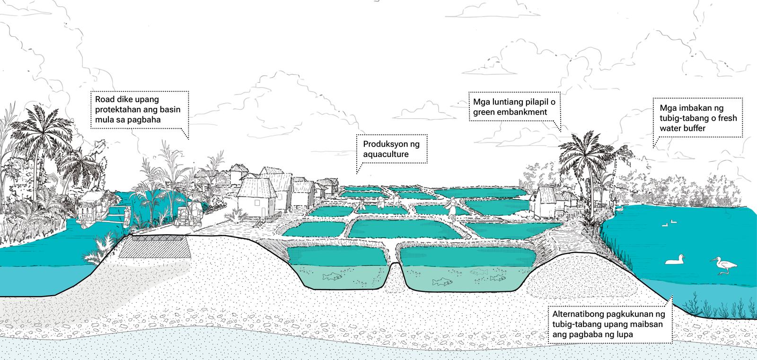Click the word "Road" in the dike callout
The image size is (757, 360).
pyautogui.click(x=104, y=99)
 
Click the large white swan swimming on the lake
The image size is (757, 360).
pyautogui.click(x=675, y=260)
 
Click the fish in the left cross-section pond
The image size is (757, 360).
pyautogui.click(x=332, y=277)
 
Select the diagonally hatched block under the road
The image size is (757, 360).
pyautogui.click(x=155, y=247)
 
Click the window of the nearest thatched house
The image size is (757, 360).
pyautogui.click(x=257, y=203)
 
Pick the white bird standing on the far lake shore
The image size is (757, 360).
pyautogui.click(x=619, y=210)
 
